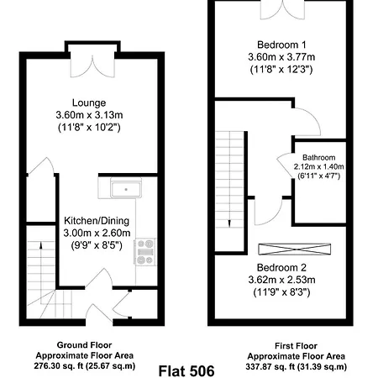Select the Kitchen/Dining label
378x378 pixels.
pos(96,221)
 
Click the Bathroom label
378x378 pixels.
pos(319,157)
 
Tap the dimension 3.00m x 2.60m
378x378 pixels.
pos(96,234)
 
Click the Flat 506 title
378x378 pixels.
pos(189,368)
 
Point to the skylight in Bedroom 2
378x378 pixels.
pos(297,249)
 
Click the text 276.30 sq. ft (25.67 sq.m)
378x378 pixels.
pos(90,366)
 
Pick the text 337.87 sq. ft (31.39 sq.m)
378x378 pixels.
pos(298,366)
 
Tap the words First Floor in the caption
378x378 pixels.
pos(297,345)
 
